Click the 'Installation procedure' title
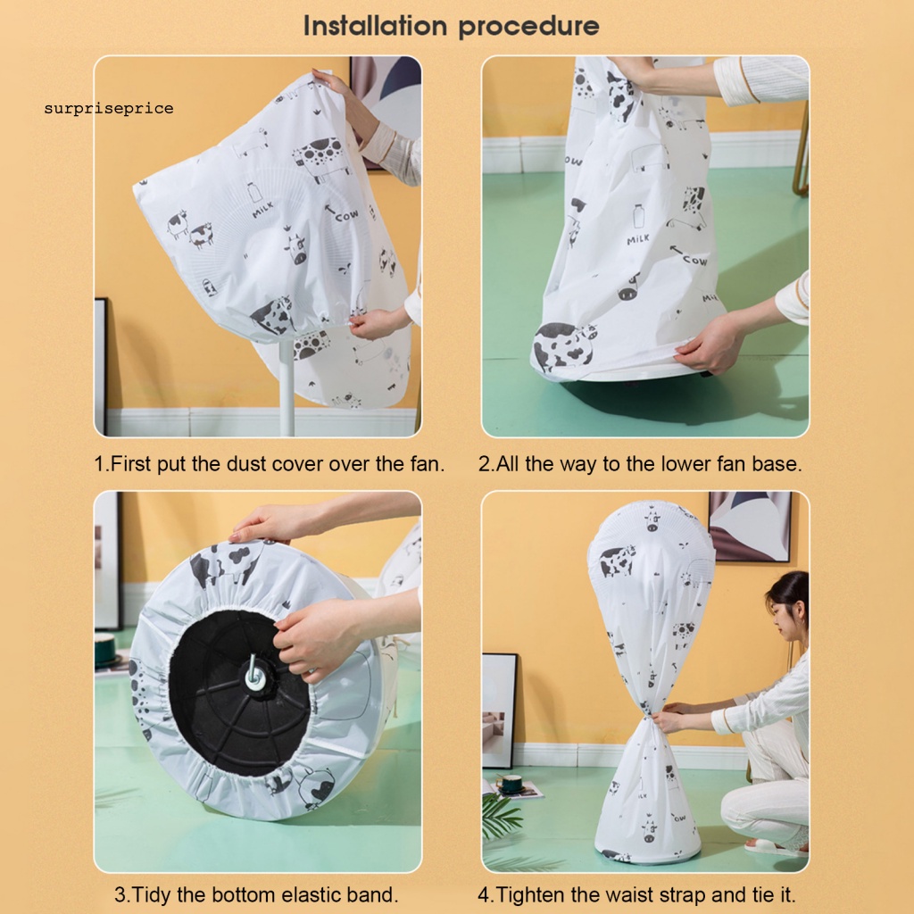coord(451,26)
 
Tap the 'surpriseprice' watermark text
coord(109,109)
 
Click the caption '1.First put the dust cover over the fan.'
coord(270,464)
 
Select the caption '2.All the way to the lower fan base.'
coord(640,464)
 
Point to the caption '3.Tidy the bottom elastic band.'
coord(256,893)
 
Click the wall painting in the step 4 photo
coord(749,526)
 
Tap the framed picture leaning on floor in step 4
coord(499,710)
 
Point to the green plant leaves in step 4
coord(505,817)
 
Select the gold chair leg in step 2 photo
coord(801,152)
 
